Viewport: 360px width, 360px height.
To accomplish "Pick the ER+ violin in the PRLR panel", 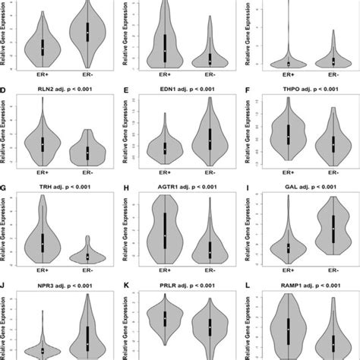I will pos(166,319).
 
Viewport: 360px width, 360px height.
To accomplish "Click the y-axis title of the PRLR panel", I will pos(129,327).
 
